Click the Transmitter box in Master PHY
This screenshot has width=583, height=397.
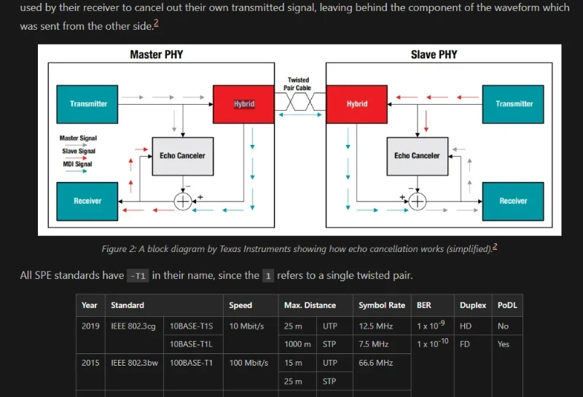pos(88,104)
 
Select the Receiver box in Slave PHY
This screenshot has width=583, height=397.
pos(514,201)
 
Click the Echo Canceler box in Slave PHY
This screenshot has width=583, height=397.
pos(417,156)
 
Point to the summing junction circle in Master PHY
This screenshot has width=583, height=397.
pos(182,202)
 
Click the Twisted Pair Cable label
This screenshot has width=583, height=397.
pos(298,84)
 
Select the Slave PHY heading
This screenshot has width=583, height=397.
pos(434,55)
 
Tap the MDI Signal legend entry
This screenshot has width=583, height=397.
pos(78,165)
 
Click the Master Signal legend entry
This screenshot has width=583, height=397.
pos(78,138)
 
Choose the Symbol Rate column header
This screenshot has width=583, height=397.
pos(382,305)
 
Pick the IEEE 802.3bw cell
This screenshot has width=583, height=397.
pos(133,362)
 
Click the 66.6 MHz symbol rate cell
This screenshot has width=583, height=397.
pos(374,362)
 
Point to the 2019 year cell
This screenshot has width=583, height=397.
pos(90,326)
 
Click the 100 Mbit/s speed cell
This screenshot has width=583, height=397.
pos(249,362)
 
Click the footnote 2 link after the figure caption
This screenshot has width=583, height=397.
pos(496,247)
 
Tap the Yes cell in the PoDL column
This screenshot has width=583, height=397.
pos(504,344)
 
